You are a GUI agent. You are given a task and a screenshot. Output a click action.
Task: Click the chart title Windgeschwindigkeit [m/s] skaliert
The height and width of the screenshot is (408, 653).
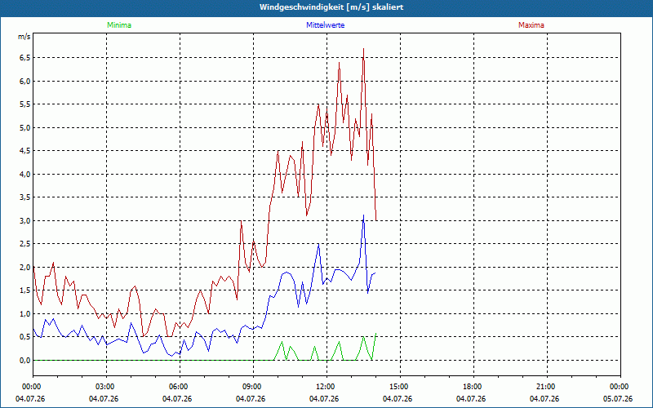(x=331, y=7)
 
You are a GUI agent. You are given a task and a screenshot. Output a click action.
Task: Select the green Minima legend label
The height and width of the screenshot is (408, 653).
(x=119, y=25)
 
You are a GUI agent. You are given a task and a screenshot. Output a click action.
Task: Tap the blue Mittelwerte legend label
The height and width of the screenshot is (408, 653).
(x=325, y=25)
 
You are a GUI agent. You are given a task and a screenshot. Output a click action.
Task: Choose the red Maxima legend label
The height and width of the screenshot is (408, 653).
(x=531, y=25)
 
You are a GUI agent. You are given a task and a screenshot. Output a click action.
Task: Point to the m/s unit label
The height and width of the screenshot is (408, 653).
(x=24, y=37)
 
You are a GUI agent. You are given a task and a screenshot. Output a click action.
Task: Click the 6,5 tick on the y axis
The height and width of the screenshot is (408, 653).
(x=25, y=57)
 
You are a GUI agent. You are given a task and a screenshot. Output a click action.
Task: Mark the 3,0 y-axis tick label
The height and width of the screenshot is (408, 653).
(x=25, y=220)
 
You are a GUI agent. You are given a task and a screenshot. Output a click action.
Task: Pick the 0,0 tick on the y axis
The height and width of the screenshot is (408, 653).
(x=25, y=360)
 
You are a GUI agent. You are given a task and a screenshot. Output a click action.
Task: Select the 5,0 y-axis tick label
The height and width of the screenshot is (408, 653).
(x=25, y=127)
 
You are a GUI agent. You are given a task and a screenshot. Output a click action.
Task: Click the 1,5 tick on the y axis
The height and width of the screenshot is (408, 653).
(x=25, y=290)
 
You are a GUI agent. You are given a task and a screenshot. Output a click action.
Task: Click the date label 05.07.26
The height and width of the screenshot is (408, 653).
(x=618, y=399)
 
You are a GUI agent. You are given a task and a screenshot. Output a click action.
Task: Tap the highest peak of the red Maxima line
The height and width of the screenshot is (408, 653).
(x=363, y=49)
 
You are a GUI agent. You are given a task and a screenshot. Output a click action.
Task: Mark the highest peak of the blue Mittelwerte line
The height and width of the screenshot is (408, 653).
(x=363, y=215)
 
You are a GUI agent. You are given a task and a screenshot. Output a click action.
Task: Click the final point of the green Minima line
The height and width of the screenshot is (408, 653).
(x=376, y=334)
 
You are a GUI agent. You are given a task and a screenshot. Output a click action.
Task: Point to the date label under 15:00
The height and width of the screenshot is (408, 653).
(x=398, y=399)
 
